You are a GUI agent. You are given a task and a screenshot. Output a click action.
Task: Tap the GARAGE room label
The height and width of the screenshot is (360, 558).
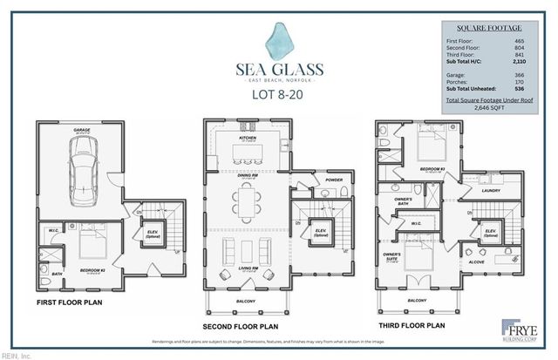click(82, 130)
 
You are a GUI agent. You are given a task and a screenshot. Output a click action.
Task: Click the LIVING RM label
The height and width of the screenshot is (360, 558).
click(245, 269)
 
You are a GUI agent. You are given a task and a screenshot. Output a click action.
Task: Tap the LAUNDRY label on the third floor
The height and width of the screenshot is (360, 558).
click(490, 190)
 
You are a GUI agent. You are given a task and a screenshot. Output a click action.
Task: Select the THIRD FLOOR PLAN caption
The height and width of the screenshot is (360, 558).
click(412, 325)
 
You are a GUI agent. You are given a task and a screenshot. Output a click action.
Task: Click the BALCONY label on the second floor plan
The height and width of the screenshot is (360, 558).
click(245, 302)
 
